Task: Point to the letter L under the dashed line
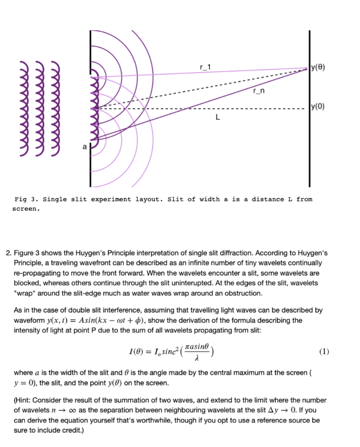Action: (218, 117)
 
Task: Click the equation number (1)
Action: (324, 352)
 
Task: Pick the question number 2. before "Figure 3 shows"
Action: (8, 254)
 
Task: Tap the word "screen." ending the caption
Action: (26, 209)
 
